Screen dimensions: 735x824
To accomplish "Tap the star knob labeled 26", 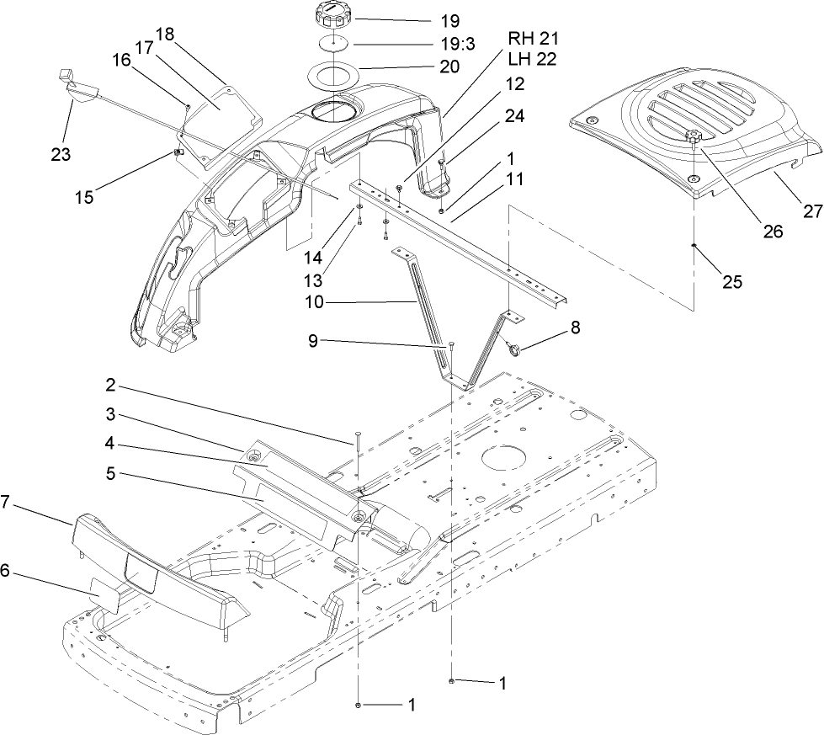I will pyautogui.click(x=693, y=136).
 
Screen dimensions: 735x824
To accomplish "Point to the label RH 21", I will pyautogui.click(x=534, y=39).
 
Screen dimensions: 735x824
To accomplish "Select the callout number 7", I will pyautogui.click(x=6, y=502).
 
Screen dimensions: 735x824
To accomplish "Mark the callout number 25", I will pyautogui.click(x=732, y=282).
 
